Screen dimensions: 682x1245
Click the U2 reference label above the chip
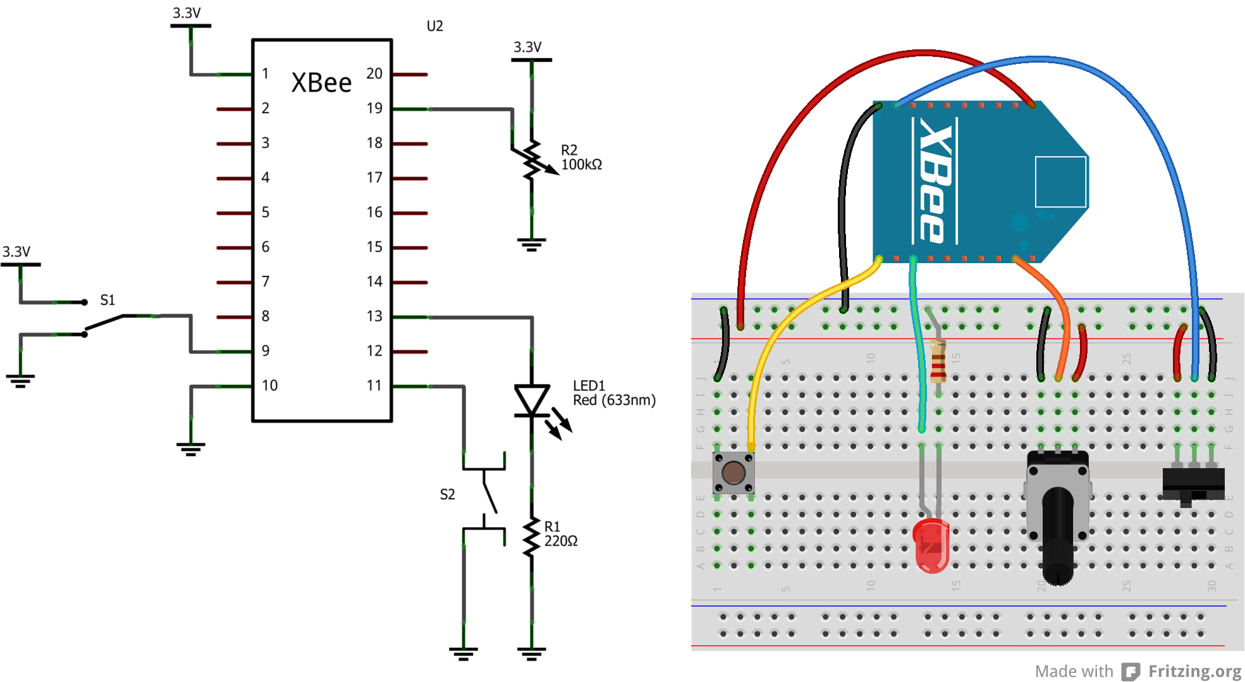tap(434, 26)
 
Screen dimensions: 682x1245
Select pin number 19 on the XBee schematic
tap(374, 108)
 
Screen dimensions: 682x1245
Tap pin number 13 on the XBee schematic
tap(374, 316)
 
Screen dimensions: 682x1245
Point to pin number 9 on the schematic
tap(266, 350)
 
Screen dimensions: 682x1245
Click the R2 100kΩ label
tap(581, 158)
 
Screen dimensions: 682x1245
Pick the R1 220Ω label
tap(560, 534)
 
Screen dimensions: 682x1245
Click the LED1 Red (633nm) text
tap(613, 393)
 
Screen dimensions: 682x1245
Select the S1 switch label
tap(107, 300)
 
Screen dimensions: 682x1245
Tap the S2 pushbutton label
tap(447, 494)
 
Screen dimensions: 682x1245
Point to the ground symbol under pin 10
tap(190, 449)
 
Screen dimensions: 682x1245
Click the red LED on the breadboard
tap(931, 545)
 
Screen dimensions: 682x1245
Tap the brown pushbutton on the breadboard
tap(733, 473)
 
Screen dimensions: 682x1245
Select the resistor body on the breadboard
tap(938, 361)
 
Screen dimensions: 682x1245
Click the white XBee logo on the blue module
tap(935, 181)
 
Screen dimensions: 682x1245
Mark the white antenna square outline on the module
tap(1060, 182)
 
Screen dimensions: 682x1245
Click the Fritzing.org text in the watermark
tap(1194, 671)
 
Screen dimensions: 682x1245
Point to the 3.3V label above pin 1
tap(187, 13)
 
